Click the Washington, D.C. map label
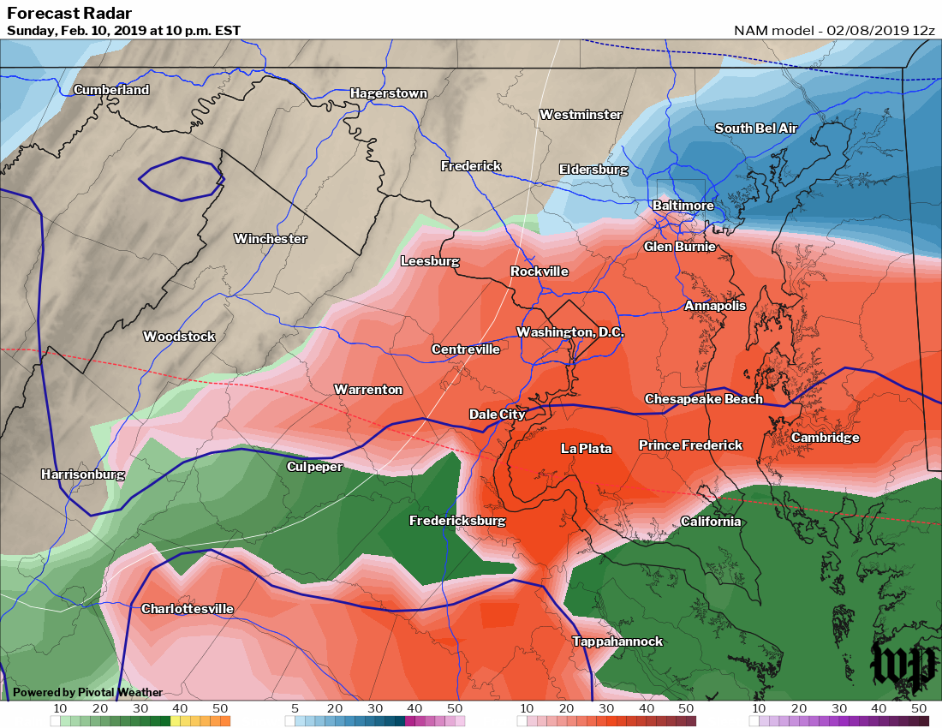pyautogui.click(x=570, y=331)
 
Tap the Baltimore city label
pyautogui.click(x=683, y=206)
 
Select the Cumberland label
pyautogui.click(x=111, y=90)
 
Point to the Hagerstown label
pyautogui.click(x=388, y=93)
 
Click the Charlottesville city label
pyautogui.click(x=187, y=609)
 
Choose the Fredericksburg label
pyautogui.click(x=456, y=521)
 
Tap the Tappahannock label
pyautogui.click(x=617, y=641)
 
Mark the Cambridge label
pyautogui.click(x=825, y=438)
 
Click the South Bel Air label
pyautogui.click(x=756, y=128)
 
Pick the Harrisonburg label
pyautogui.click(x=83, y=474)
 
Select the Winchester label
pyautogui.click(x=270, y=239)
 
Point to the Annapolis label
pyautogui.click(x=714, y=306)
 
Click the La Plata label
pyautogui.click(x=586, y=448)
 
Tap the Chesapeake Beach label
pyautogui.click(x=703, y=399)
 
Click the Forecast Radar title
pyautogui.click(x=69, y=13)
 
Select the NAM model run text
pyautogui.click(x=834, y=30)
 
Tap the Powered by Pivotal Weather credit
pyautogui.click(x=87, y=692)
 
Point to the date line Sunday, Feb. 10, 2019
pyautogui.click(x=123, y=31)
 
